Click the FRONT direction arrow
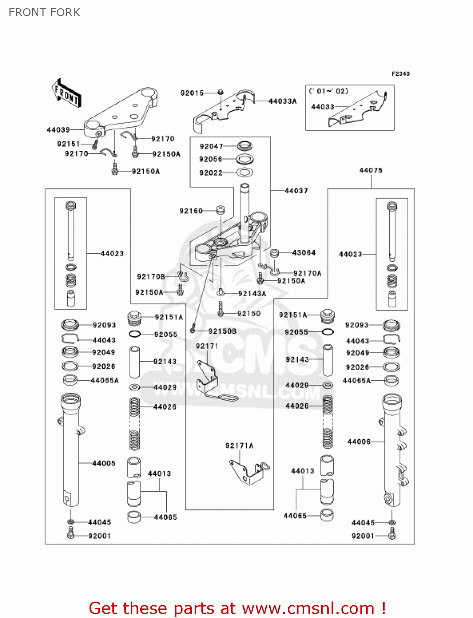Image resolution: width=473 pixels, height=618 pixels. (66, 94)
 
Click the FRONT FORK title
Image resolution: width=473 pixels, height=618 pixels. (45, 12)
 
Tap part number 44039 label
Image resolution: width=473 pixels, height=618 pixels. (58, 130)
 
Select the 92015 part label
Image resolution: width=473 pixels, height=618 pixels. (192, 93)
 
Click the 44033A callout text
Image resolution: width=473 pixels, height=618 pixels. (282, 101)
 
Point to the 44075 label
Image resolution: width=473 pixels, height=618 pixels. (371, 170)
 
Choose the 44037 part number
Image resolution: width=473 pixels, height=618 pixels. (296, 191)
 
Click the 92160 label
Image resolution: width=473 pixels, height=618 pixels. (191, 211)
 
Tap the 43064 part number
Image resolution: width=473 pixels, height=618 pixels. (304, 253)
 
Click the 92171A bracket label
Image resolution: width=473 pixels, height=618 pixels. (239, 445)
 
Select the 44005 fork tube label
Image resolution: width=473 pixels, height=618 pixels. (104, 463)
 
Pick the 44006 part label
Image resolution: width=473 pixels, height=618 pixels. (359, 442)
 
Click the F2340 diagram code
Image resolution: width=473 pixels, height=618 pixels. (400, 74)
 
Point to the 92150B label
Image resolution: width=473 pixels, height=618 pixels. (222, 331)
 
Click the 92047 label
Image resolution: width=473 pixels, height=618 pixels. (211, 146)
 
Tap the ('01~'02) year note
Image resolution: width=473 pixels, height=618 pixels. (329, 91)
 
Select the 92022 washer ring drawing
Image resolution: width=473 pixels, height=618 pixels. (245, 173)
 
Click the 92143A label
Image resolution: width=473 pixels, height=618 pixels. (252, 293)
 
